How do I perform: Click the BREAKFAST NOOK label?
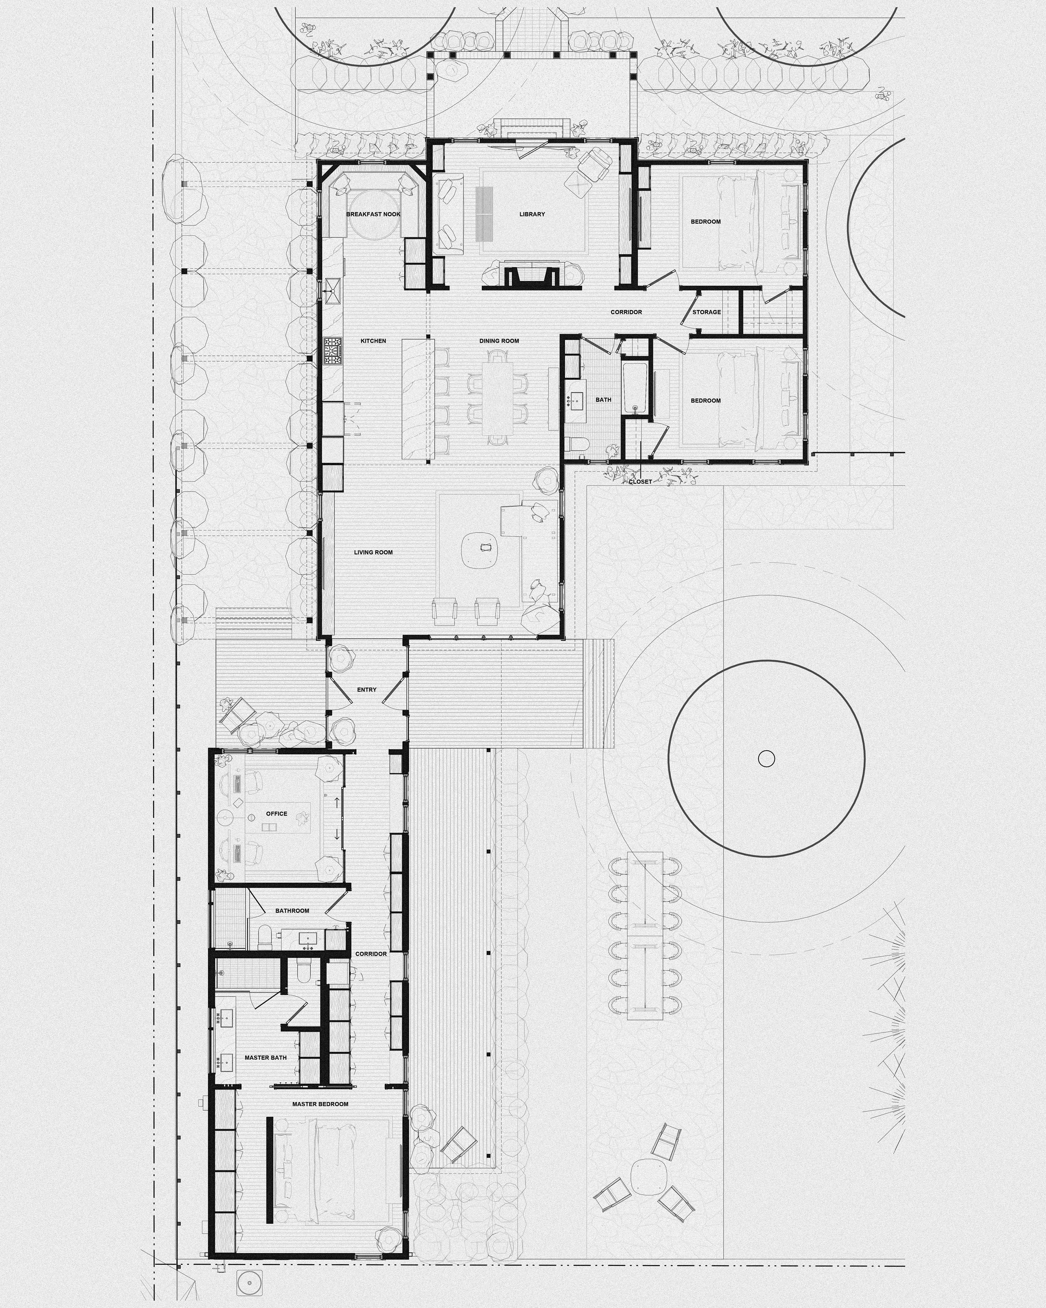pos(373,214)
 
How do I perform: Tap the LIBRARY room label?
pos(532,214)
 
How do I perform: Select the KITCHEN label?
pos(373,341)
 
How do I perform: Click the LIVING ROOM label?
pos(373,552)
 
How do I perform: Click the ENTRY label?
pos(366,690)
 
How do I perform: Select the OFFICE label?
pos(277,814)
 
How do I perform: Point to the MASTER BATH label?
pos(266,1057)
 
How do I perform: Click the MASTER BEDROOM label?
pos(320,1104)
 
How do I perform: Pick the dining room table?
pos(499,397)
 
